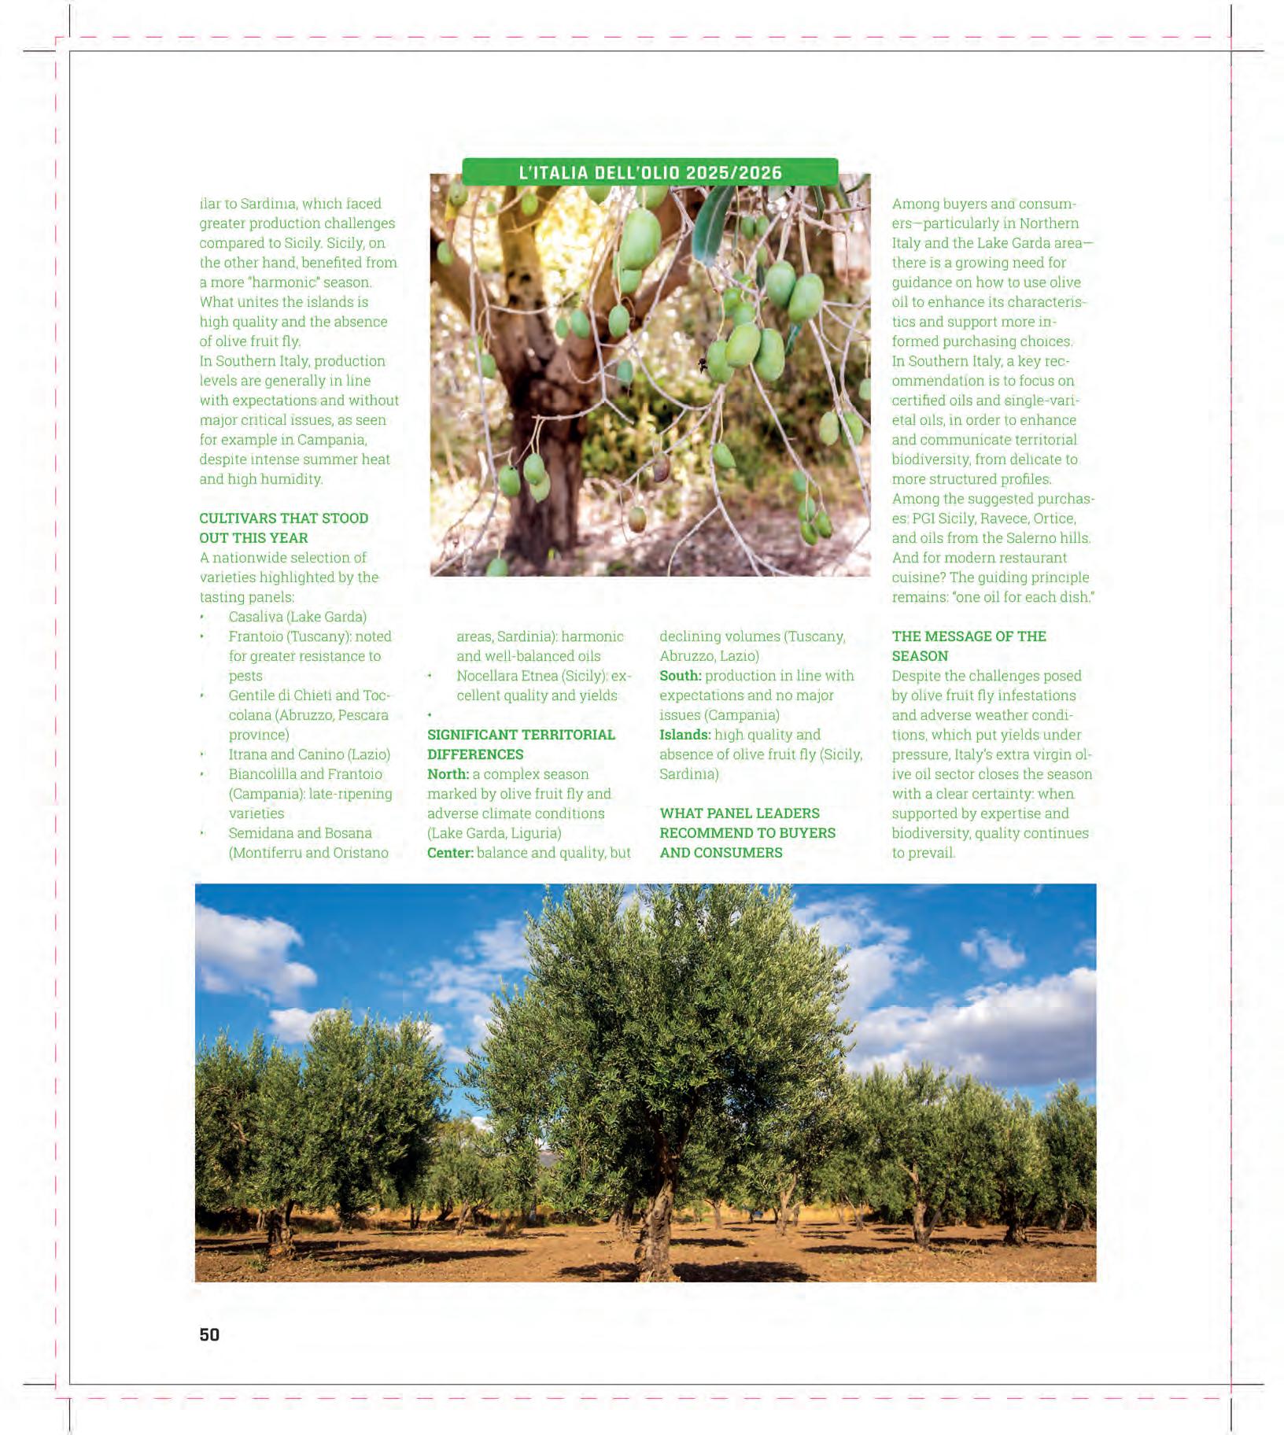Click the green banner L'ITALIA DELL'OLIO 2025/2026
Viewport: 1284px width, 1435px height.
click(x=650, y=172)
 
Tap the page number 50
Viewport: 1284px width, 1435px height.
click(x=209, y=1334)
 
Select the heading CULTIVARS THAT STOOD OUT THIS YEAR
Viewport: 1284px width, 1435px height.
click(x=283, y=528)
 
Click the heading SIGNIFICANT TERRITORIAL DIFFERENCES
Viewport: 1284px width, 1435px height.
click(x=521, y=744)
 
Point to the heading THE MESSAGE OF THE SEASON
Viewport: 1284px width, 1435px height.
click(x=969, y=646)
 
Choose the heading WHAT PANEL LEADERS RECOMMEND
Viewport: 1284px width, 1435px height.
click(x=747, y=832)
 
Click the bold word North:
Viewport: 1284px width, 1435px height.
click(x=448, y=774)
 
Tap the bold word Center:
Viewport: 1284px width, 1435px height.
click(x=450, y=853)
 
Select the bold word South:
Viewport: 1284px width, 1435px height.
click(x=680, y=676)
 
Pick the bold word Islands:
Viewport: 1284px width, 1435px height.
click(x=684, y=735)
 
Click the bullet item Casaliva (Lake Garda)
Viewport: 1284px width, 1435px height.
click(x=297, y=617)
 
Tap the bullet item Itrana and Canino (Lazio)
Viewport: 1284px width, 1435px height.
click(x=309, y=754)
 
